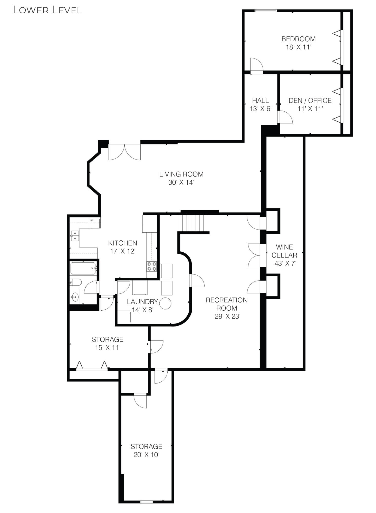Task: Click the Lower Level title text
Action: point(47,10)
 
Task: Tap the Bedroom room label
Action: point(298,39)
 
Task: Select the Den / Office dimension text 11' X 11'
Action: point(310,109)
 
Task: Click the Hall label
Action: point(261,101)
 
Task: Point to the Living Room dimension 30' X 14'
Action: point(181,183)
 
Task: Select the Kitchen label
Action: point(122,243)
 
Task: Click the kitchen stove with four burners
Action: point(151,266)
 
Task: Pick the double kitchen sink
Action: point(75,236)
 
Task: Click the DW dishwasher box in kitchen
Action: point(95,223)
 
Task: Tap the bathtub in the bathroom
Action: point(83,268)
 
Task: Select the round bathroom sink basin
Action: point(75,297)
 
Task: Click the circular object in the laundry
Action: point(165,303)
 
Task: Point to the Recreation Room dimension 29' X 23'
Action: point(227,316)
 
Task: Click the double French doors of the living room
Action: point(124,151)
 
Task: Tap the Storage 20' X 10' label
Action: point(146,447)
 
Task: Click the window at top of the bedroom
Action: point(265,11)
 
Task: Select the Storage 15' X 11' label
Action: point(108,339)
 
